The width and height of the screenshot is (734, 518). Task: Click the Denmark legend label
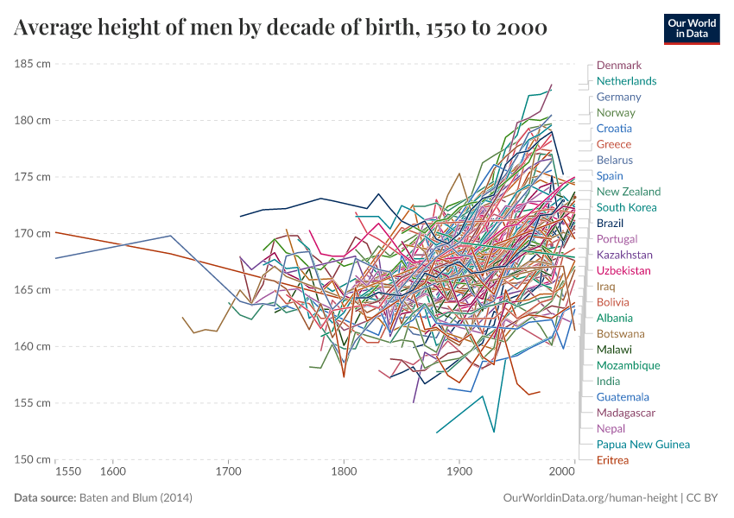618,65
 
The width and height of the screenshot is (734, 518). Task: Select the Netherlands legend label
626,81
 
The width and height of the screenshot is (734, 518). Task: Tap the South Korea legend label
626,207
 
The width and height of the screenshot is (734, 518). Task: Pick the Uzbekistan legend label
623,270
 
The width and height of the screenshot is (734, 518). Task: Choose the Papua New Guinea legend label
642,445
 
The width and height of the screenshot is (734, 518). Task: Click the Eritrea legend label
612,460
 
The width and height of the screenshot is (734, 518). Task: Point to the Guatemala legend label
623,397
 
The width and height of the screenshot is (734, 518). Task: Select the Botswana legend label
620,333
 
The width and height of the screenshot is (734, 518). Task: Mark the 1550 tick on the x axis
68,472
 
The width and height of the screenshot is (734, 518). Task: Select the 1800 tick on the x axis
344,472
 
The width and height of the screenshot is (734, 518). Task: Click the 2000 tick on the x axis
562,472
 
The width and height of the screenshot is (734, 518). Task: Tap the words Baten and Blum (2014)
136,498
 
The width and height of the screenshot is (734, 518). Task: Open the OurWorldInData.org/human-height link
590,498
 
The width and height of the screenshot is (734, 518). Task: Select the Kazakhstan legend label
624,255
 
